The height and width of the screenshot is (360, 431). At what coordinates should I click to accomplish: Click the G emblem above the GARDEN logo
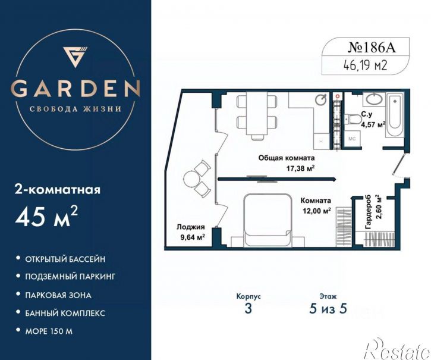74,57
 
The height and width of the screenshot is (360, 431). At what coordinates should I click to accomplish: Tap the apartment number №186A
372,48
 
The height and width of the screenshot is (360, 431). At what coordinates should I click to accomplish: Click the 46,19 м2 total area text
365,65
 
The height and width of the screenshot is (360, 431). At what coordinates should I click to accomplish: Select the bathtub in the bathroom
395,115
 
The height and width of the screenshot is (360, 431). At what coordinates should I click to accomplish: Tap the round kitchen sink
321,99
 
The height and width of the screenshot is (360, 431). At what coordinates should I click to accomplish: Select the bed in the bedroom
268,220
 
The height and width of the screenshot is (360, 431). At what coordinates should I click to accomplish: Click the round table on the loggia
191,179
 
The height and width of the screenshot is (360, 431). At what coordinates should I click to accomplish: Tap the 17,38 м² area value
300,168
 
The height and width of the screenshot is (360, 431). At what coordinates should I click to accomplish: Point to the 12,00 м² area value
316,211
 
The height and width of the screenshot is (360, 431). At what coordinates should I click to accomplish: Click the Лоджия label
191,227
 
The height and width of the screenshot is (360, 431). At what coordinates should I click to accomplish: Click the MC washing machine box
352,139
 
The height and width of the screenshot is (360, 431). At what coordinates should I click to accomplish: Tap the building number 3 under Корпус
248,308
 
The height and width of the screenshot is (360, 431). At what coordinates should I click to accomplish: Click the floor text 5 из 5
328,308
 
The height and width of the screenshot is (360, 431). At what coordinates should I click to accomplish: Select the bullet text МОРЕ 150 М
49,331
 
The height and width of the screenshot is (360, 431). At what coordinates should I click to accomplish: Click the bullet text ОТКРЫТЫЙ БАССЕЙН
65,259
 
